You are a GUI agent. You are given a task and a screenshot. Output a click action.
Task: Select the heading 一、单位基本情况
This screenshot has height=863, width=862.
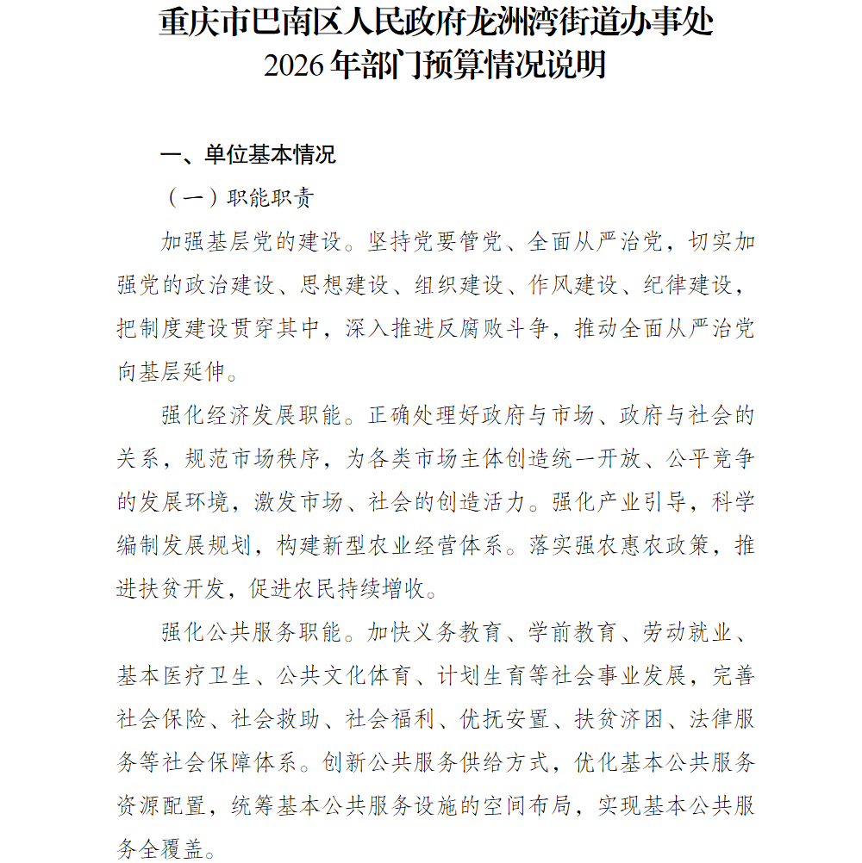(247, 155)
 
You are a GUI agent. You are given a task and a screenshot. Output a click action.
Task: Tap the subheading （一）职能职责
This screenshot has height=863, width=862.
(240, 198)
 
